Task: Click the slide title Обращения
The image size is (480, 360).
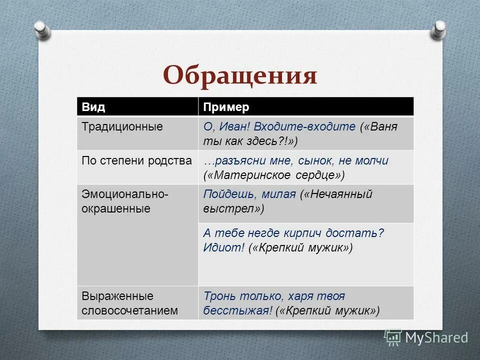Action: point(240,76)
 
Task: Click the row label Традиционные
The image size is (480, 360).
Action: point(122,126)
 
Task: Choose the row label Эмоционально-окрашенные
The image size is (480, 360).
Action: point(125,201)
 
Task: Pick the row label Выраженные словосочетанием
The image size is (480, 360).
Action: point(130,303)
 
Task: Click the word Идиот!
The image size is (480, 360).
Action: point(223,247)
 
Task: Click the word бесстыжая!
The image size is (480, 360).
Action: point(237,310)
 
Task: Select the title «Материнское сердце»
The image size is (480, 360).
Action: point(274,175)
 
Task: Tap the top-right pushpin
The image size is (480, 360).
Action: point(438,28)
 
